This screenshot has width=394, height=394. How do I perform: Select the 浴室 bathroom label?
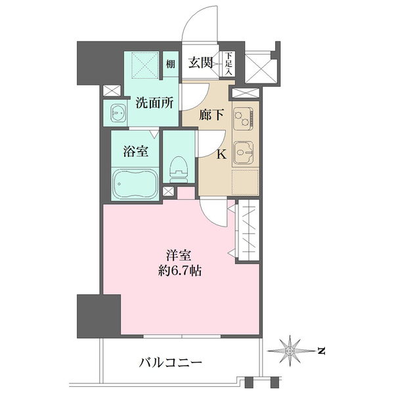click(135, 151)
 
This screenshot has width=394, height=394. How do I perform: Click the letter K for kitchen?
click(221, 155)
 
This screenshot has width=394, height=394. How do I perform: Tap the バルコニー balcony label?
click(170, 361)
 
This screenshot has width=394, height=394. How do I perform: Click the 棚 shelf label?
click(170, 64)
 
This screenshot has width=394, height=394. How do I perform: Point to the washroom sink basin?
click(118, 114)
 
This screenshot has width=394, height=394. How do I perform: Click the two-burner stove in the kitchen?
click(246, 118)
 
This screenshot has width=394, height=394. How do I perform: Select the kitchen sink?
click(246, 154)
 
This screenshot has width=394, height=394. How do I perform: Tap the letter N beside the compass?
click(321, 351)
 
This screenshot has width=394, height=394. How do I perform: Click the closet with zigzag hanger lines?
click(249, 232)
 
